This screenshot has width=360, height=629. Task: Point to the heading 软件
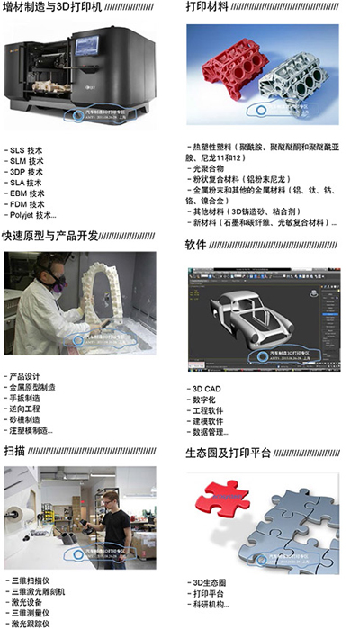196,245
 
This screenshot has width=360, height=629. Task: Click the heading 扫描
14,451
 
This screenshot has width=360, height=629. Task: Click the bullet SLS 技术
26,149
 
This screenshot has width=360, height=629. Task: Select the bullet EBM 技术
26,193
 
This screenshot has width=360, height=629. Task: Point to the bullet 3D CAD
205,389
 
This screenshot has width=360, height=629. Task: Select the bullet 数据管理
209,432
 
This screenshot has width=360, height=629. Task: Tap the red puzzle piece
221,499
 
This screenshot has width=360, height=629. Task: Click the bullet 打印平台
206,593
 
